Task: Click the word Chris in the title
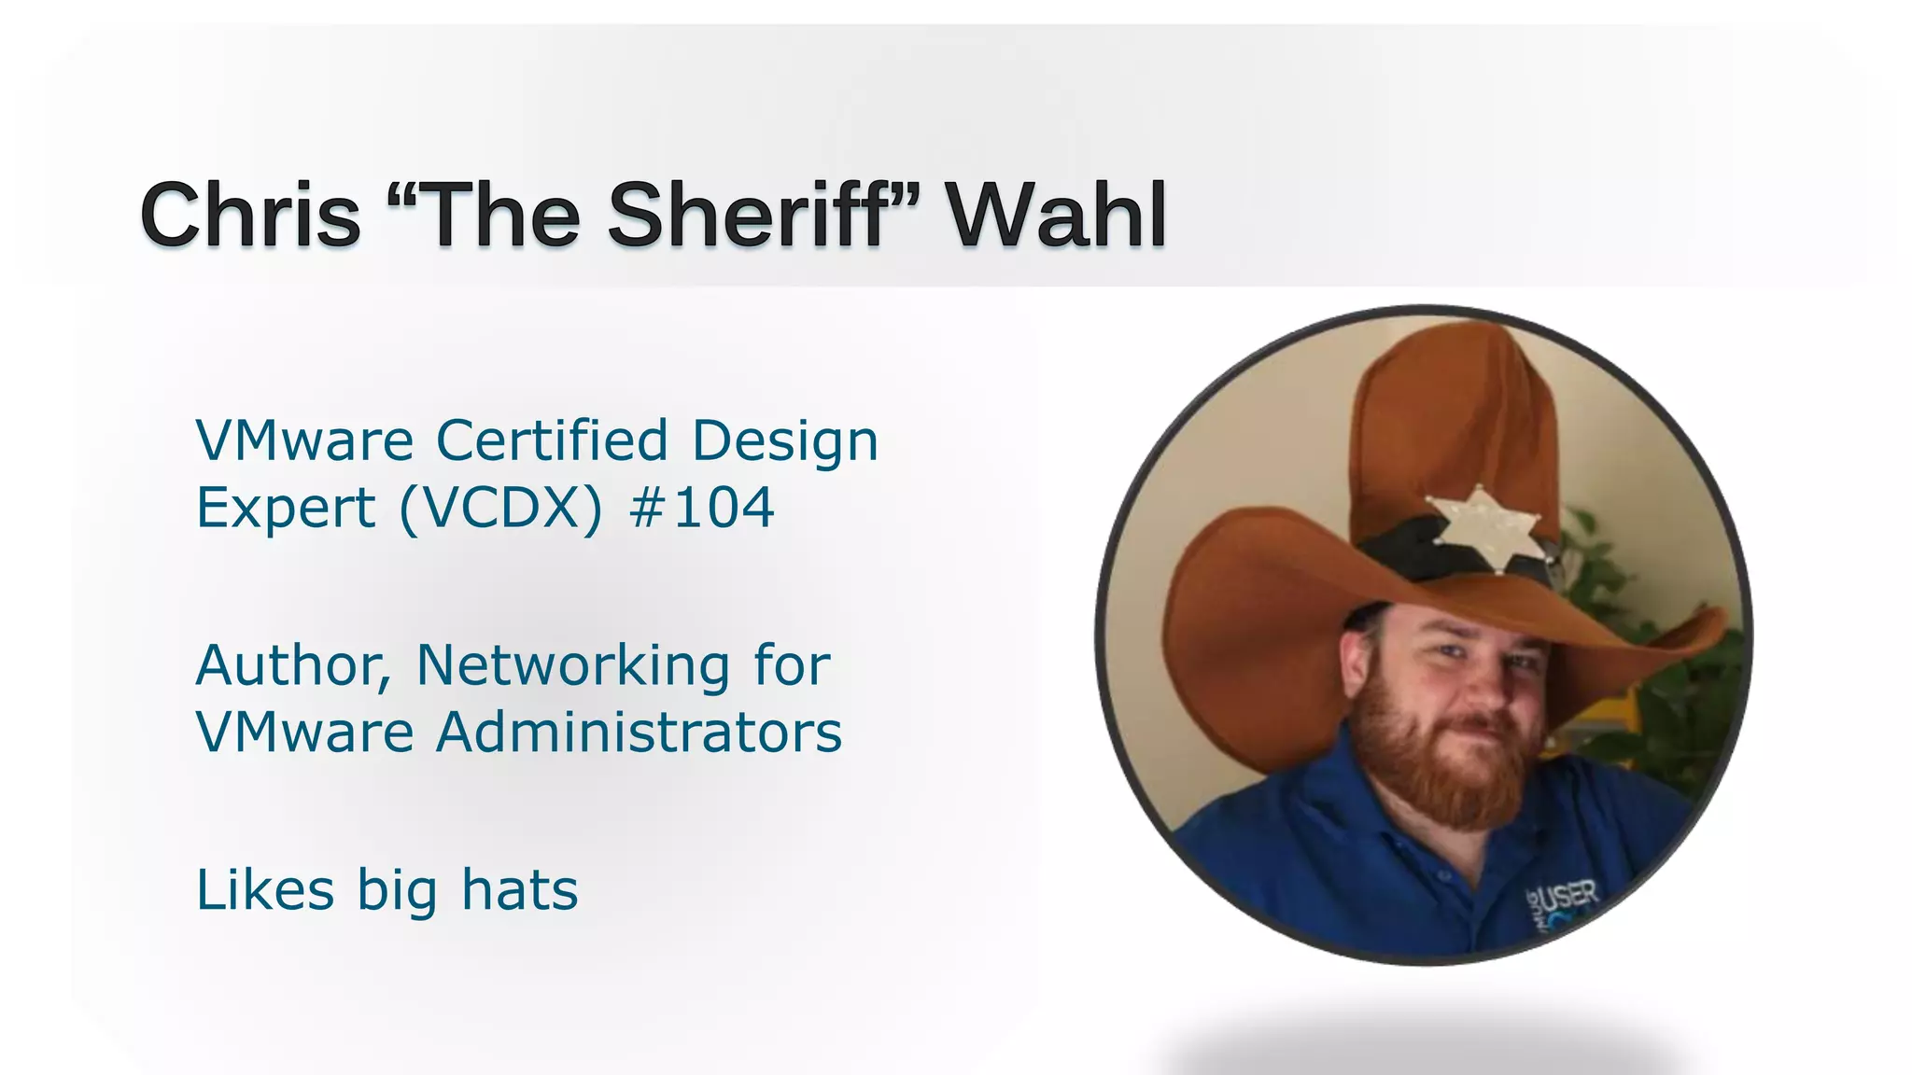(250, 216)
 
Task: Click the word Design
(784, 442)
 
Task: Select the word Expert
(286, 510)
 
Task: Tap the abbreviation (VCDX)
(500, 510)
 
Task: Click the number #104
(702, 509)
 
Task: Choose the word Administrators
(639, 733)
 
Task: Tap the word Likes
(265, 890)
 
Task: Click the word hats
(520, 890)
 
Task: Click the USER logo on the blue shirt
(1568, 900)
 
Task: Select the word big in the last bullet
(397, 892)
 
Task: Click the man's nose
(1486, 686)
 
